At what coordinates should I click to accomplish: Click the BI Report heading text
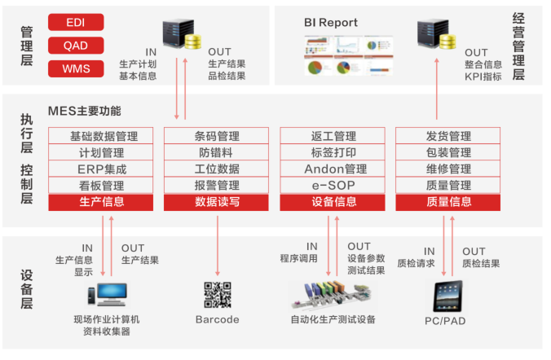331,23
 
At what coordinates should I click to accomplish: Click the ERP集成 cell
102,169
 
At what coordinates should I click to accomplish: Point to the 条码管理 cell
218,136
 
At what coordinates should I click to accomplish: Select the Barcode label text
218,319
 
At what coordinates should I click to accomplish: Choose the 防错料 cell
218,152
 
